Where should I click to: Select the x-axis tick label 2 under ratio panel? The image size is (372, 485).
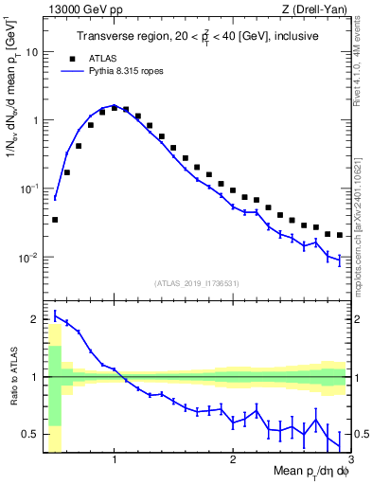tap(232, 461)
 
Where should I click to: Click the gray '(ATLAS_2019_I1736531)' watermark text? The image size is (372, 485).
tap(196, 282)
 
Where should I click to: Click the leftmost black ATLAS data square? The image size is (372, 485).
tap(55, 219)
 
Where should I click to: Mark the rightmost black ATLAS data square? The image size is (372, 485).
tap(339, 235)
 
